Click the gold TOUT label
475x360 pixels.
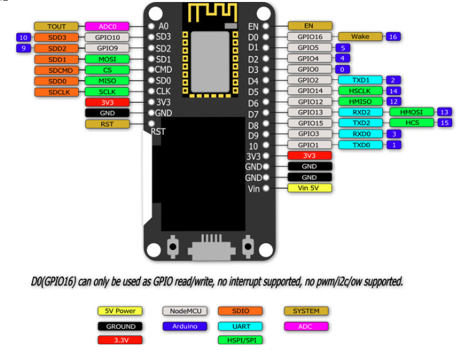56,27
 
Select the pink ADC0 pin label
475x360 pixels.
108,27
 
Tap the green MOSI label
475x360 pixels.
108,59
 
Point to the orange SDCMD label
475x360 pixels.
56,70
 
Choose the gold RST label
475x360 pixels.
108,124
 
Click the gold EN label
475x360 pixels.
309,26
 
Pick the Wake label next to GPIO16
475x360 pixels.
360,37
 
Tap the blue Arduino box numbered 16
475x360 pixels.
393,37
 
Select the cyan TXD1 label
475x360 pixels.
360,80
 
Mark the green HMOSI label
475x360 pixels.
411,112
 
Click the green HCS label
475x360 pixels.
411,122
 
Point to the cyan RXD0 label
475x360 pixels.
360,133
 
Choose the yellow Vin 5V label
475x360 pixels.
309,188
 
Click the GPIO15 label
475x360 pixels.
309,122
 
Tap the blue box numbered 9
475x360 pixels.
23,48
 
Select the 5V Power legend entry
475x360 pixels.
121,311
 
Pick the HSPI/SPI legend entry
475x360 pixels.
240,340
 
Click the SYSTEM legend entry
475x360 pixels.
306,311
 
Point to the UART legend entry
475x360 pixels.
240,326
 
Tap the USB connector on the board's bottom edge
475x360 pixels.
210,249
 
